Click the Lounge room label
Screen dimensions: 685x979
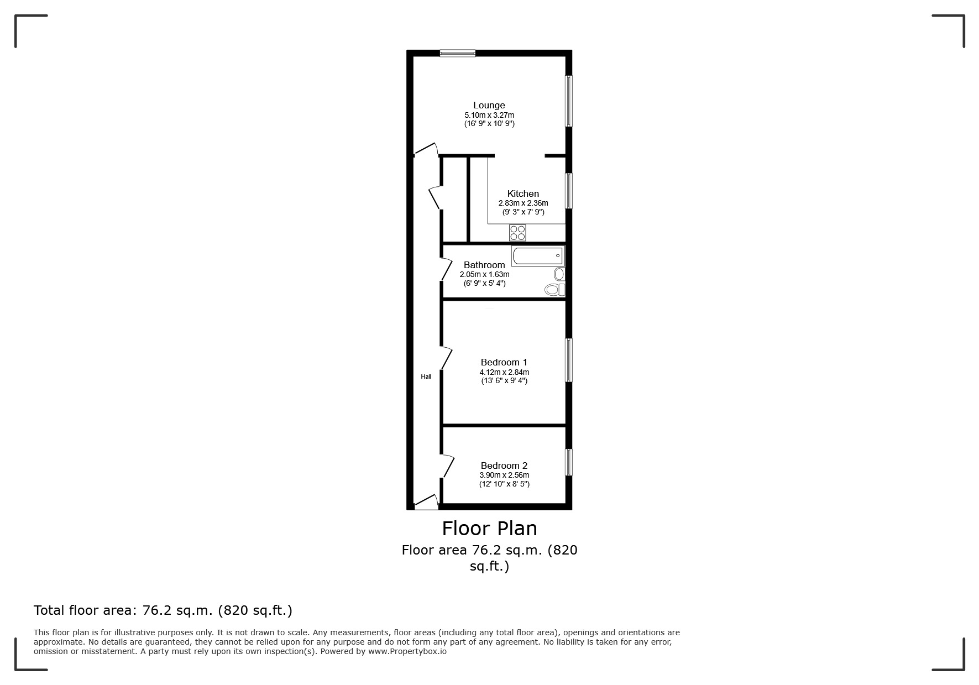click(x=489, y=105)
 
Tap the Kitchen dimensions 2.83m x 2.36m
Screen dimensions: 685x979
click(x=523, y=203)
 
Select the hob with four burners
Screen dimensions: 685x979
click(x=517, y=233)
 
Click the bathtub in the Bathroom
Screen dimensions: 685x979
click(x=537, y=256)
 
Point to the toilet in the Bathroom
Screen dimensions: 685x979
click(x=553, y=289)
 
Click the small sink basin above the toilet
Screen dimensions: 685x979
click(x=559, y=274)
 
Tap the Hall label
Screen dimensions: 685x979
click(x=426, y=377)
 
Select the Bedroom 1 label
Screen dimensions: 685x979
click(x=504, y=362)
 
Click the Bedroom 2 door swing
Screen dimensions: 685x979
click(x=448, y=466)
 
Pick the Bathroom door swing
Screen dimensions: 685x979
click(x=447, y=269)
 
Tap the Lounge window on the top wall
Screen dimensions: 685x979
click(x=458, y=53)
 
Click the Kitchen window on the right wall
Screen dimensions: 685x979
click(x=568, y=191)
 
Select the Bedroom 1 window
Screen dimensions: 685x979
click(x=568, y=360)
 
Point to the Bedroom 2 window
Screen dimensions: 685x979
click(x=568, y=462)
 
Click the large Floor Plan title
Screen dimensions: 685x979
click(x=489, y=529)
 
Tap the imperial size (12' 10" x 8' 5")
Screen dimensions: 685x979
click(x=504, y=484)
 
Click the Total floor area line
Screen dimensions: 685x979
click(x=163, y=610)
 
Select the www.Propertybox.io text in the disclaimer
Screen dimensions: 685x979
click(x=407, y=651)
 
